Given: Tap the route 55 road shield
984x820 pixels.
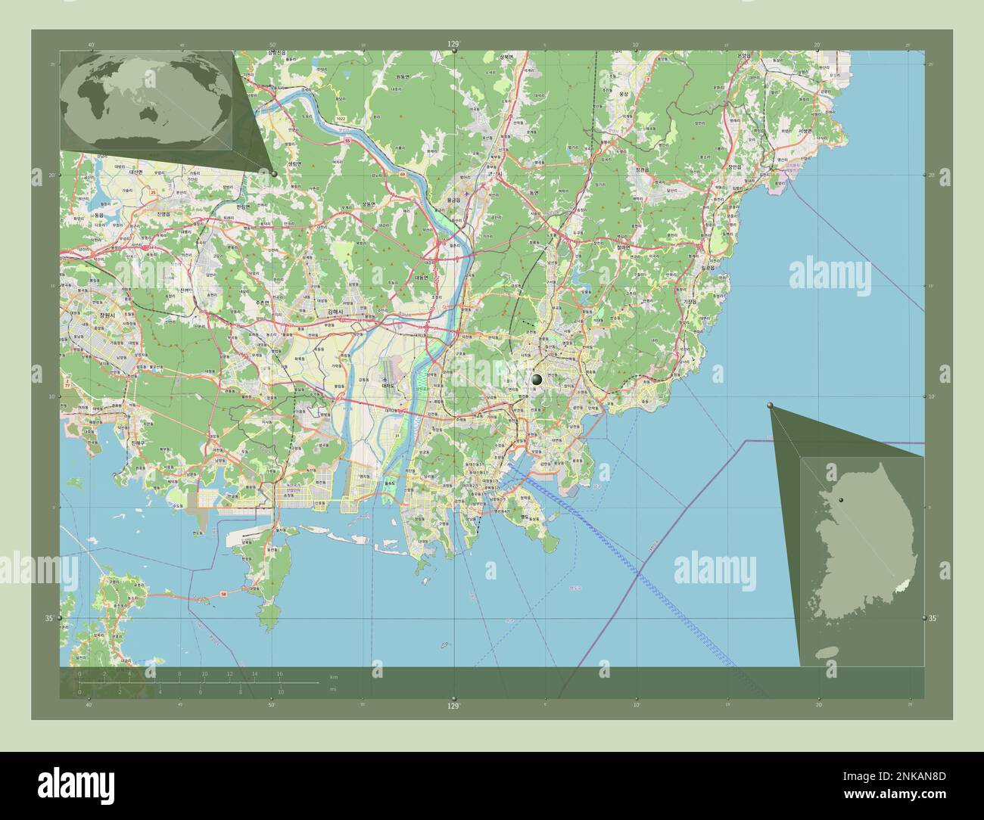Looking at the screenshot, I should [x=347, y=141].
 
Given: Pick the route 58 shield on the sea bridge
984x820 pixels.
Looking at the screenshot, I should [x=224, y=595].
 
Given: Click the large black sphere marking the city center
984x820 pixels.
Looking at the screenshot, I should [x=537, y=379].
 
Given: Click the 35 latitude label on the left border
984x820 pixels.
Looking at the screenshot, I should [x=49, y=619].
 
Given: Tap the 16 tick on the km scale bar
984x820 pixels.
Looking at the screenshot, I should [x=280, y=673].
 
